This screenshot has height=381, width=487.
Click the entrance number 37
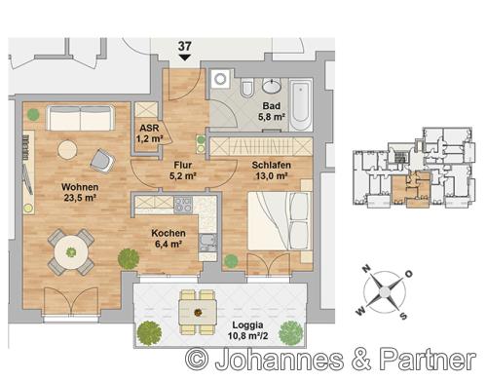[x=184, y=46]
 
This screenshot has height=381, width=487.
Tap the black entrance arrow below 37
[x=184, y=57]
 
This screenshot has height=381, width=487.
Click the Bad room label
[x=272, y=106]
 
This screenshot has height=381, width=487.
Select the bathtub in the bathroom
[x=301, y=103]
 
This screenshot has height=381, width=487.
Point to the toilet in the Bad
[x=247, y=88]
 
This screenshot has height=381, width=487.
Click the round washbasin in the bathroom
[x=272, y=86]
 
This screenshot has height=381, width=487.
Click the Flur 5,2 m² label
[x=182, y=171]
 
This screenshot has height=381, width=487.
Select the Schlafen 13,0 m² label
[x=271, y=171]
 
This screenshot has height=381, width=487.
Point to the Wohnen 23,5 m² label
[x=80, y=192]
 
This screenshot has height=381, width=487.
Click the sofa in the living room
[x=81, y=118]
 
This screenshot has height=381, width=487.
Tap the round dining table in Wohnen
[x=71, y=251]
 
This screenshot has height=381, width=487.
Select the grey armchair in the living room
[x=102, y=161]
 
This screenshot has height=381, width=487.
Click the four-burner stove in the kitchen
[x=183, y=205]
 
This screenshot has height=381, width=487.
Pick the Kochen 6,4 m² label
[x=169, y=239]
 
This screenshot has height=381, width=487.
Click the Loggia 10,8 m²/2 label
[x=247, y=330]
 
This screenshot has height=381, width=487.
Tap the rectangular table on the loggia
[x=198, y=312]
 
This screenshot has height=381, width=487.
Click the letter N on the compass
[x=366, y=269]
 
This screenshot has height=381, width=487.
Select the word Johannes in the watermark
[x=279, y=360]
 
